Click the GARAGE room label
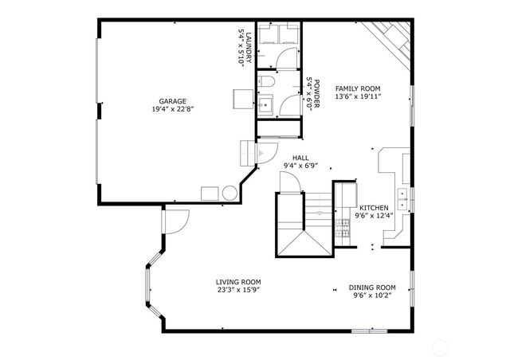coord(172,101)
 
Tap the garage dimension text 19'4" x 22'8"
coord(172,109)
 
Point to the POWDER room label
coord(316,89)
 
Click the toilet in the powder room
coord(268,84)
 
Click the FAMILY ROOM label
coord(358,88)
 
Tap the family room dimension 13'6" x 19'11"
coord(358,96)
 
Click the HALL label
coord(300,158)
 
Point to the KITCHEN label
coord(374,207)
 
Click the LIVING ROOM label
coord(238,282)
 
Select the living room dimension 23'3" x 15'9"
coord(238,290)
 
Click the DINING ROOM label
coord(373,288)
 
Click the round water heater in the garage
coord(229,193)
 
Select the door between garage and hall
coord(263,153)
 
